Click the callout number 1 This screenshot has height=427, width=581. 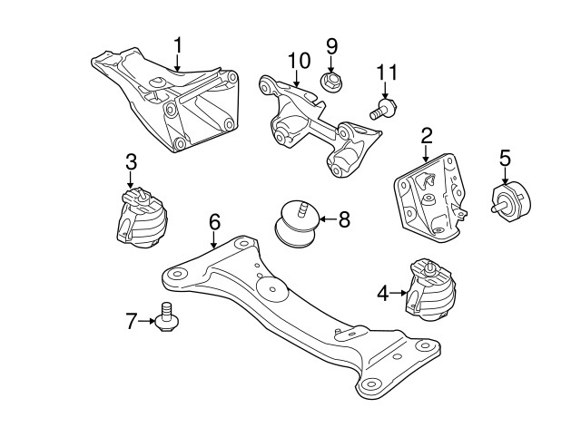point(179,44)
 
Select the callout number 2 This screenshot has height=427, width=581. point(427,138)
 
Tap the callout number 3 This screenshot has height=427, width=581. point(131,163)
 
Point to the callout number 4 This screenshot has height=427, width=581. point(382,293)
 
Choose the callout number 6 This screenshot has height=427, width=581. point(214,221)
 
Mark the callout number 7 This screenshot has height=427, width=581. point(132,319)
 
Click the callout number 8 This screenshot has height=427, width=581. point(343,218)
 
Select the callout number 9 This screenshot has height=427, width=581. point(331,45)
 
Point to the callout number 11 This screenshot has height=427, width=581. point(387,71)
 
